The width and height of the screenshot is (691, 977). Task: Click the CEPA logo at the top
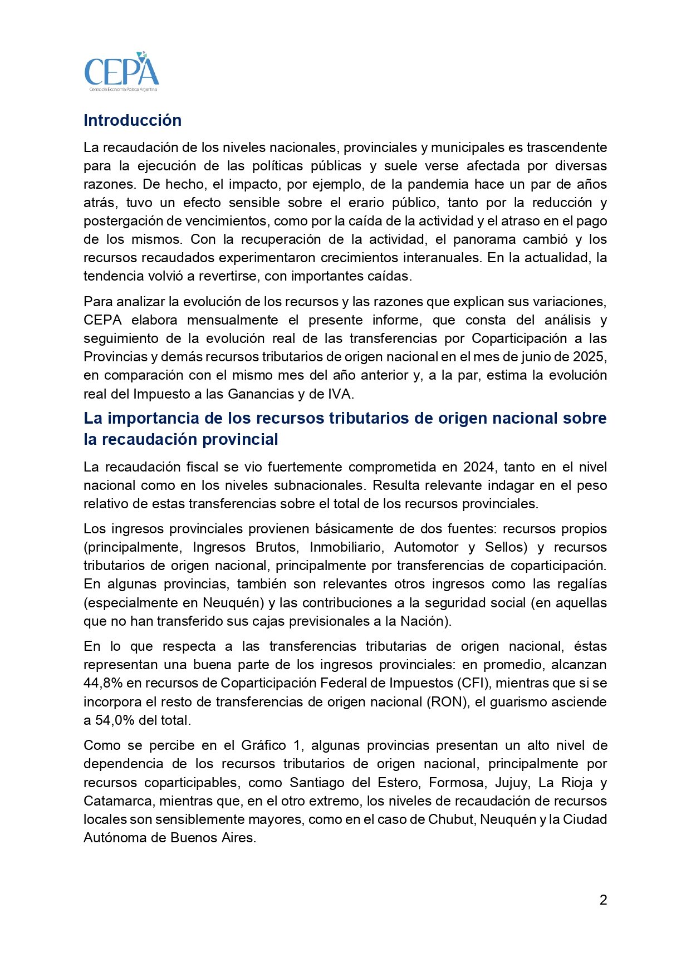pos(121,72)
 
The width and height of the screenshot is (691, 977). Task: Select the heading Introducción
pos(133,120)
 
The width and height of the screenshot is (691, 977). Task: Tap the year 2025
pos(588,357)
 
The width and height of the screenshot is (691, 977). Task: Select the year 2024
pos(478,467)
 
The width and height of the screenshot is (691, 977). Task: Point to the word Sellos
pos(506,547)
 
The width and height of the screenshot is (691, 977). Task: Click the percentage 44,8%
pos(103,683)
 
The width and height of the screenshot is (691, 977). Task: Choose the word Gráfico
pos(263,745)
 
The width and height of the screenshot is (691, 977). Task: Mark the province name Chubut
pos(451,819)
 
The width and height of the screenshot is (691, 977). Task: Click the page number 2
pos(603,900)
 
